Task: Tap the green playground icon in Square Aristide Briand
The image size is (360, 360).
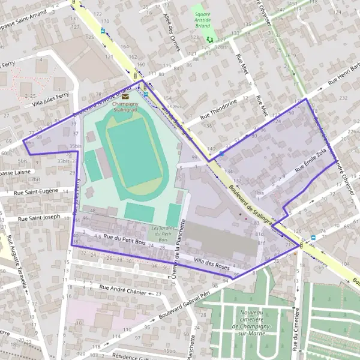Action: pyautogui.click(x=209, y=39)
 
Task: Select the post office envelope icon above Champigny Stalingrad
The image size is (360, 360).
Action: pyautogui.click(x=125, y=96)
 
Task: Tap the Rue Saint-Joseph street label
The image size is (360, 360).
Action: pyautogui.click(x=40, y=218)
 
